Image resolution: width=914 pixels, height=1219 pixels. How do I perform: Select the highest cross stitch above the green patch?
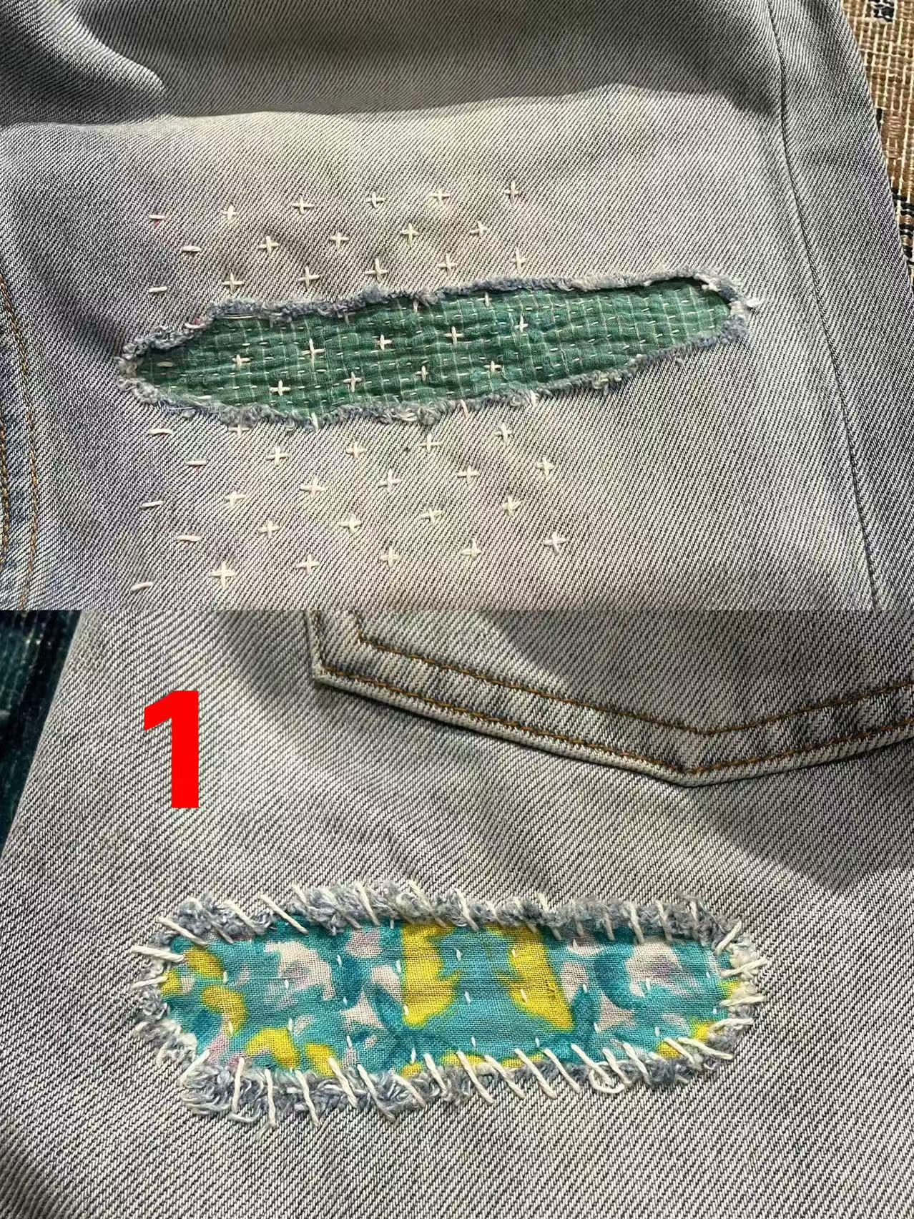point(512,190)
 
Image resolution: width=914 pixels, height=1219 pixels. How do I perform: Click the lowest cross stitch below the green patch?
point(224,572)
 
